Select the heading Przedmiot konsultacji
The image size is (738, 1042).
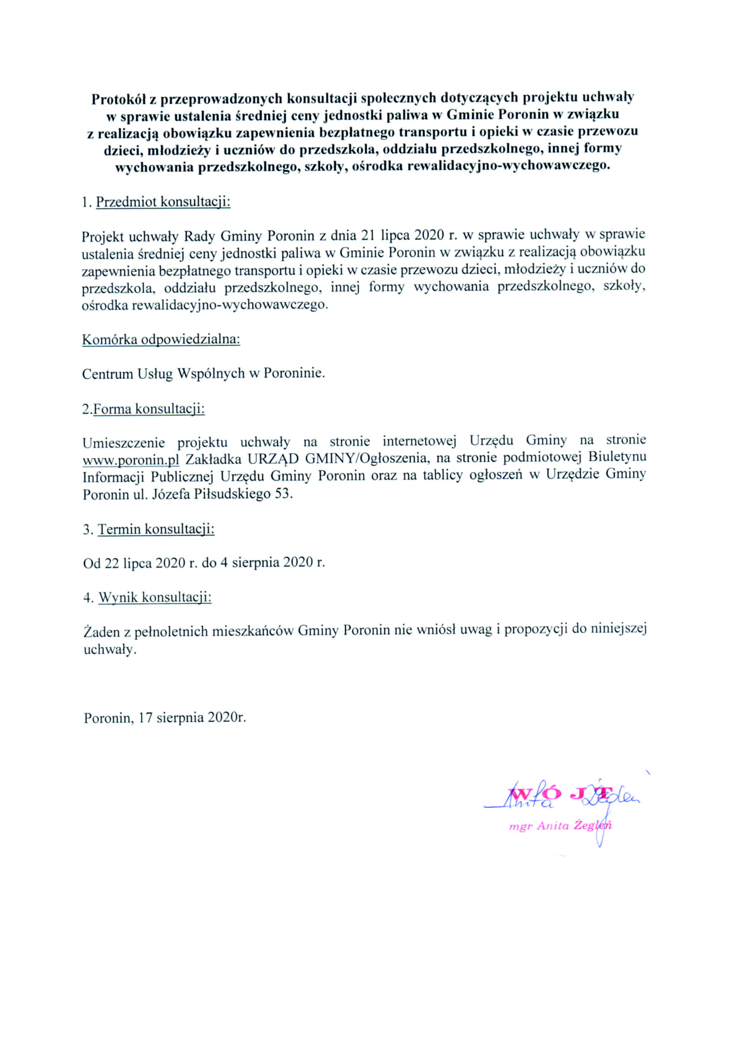click(x=163, y=202)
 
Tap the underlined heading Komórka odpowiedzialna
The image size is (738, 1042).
click(x=161, y=339)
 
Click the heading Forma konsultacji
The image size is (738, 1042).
click(x=149, y=409)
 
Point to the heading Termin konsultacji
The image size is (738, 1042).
click(x=156, y=529)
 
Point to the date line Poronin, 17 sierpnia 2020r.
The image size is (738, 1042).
click(x=165, y=718)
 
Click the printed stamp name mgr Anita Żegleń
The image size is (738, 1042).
click(x=560, y=826)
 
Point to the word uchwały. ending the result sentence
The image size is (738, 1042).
click(x=109, y=649)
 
